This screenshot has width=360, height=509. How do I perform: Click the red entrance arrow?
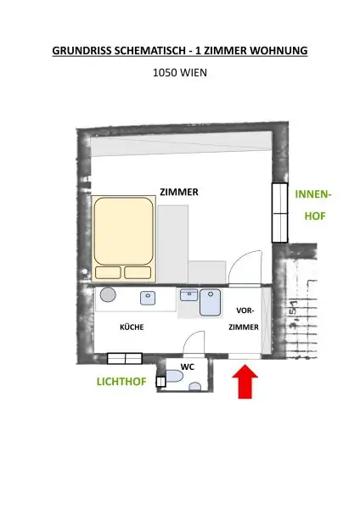(245, 382)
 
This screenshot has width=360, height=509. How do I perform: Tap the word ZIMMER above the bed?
(179, 193)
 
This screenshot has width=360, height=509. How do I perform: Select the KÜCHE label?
(131, 327)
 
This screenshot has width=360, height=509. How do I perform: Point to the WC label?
(188, 366)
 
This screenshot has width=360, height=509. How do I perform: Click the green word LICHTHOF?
(121, 383)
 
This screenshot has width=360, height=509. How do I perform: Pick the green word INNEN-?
(313, 194)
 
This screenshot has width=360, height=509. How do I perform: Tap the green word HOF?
(315, 216)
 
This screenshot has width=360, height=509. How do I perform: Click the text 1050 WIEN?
(179, 73)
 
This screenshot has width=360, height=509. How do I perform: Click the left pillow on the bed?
(109, 272)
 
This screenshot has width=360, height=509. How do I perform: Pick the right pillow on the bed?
(138, 272)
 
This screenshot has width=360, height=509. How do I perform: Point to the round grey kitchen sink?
(109, 295)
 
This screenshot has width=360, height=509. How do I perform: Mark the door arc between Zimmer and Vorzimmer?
(246, 269)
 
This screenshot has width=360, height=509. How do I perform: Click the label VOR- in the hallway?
(245, 310)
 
